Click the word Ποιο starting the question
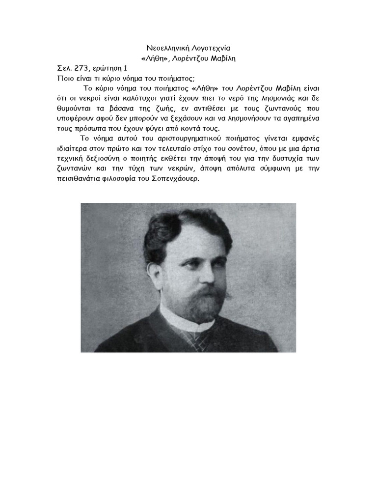tap(65, 79)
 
